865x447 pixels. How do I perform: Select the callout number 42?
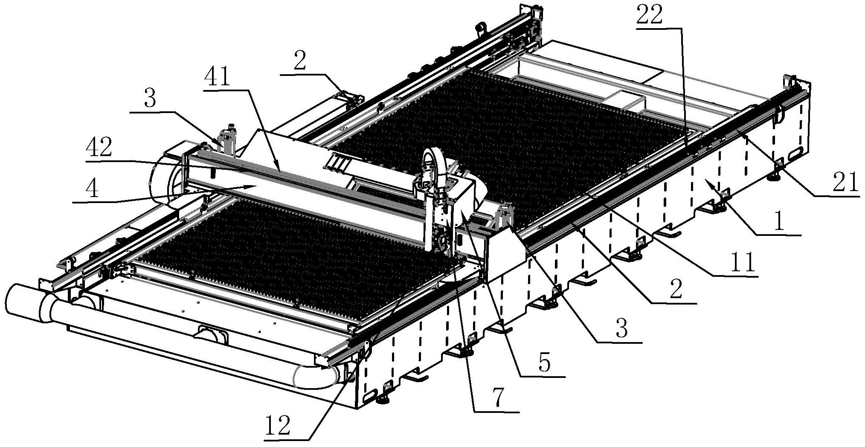tap(99, 149)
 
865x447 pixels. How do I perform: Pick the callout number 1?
tap(779, 222)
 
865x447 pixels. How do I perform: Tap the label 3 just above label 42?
tap(150, 99)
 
